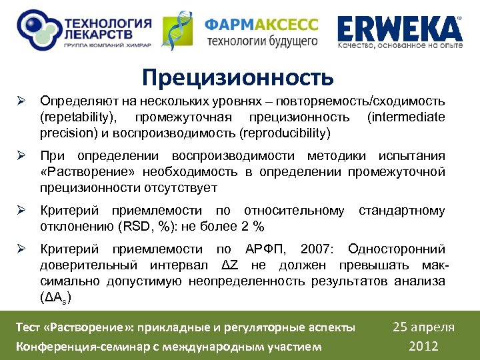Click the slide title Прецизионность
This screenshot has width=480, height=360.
pyautogui.click(x=238, y=77)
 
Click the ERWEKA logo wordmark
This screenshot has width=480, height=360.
pyautogui.click(x=399, y=29)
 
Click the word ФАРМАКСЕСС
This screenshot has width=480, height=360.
pyautogui.click(x=261, y=25)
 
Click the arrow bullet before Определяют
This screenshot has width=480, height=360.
pyautogui.click(x=21, y=102)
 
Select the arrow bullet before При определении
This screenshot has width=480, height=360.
pyautogui.click(x=21, y=157)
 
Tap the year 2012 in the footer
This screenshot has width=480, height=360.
pyautogui.click(x=424, y=345)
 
